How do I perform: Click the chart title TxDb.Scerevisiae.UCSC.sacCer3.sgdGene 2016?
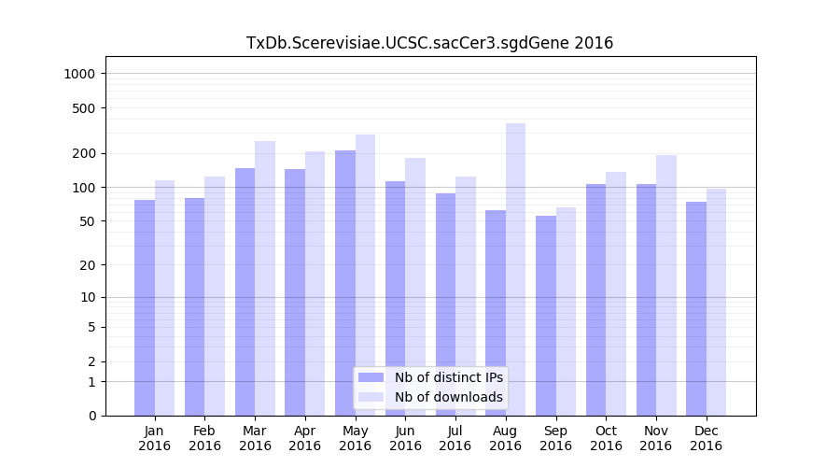(x=429, y=43)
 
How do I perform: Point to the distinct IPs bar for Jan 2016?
(x=145, y=307)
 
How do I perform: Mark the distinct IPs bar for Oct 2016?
(x=596, y=300)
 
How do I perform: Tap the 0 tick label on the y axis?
(x=93, y=416)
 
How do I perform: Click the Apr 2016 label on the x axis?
(x=305, y=438)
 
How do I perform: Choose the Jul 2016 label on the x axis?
(x=455, y=438)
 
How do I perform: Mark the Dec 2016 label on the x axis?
(x=706, y=438)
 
